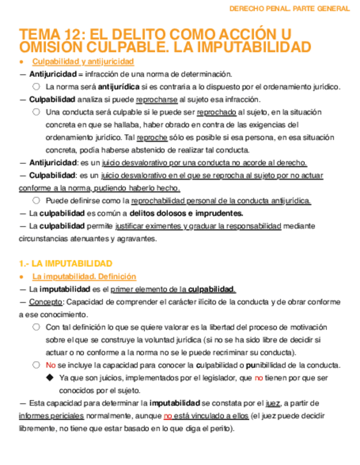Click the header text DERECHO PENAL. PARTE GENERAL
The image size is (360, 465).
pyautogui.click(x=289, y=9)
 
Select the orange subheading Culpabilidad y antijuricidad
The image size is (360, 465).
pyautogui.click(x=83, y=61)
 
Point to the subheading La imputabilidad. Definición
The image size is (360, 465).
pyautogui.click(x=84, y=277)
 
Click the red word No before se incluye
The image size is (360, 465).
pyautogui.click(x=50, y=365)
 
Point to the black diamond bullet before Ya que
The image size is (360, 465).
pyautogui.click(x=50, y=378)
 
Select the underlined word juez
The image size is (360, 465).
pyautogui.click(x=273, y=403)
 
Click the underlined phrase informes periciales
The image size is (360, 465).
pyautogui.click(x=49, y=416)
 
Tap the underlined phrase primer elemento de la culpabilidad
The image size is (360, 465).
pyautogui.click(x=173, y=290)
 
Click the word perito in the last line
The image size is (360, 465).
pyautogui.click(x=220, y=428)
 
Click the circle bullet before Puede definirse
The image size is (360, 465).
pyautogui.click(x=36, y=201)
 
